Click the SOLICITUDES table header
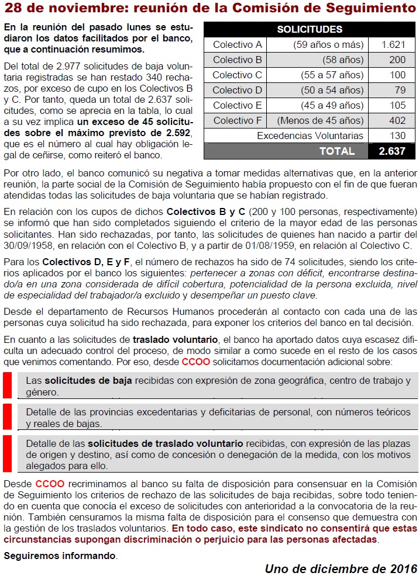[310, 29]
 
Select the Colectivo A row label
[237, 44]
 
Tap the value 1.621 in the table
[393, 44]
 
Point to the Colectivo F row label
[237, 120]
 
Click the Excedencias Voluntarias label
[310, 136]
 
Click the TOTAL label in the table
[336, 151]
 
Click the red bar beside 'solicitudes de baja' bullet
[7, 386]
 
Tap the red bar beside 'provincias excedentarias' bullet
[7, 417]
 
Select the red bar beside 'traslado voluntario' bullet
[7, 454]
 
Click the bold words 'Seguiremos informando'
[60, 556]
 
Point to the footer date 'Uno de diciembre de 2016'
[341, 569]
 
